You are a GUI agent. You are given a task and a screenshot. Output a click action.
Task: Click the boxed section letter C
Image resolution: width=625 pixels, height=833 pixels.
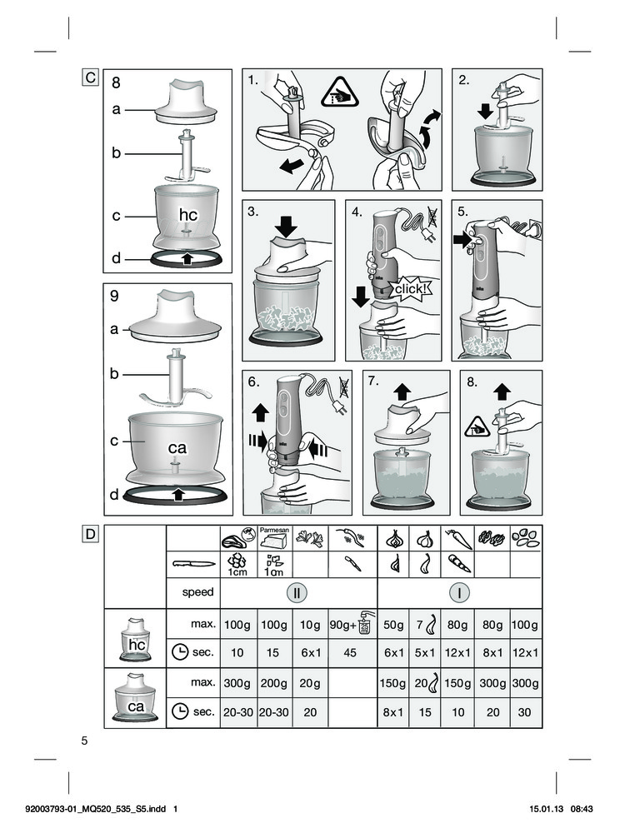coord(90,77)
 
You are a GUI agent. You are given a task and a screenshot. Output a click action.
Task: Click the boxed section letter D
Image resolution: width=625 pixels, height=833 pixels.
coord(90,533)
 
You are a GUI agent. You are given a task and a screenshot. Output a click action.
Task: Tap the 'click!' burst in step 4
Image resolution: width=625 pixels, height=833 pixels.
coord(410,289)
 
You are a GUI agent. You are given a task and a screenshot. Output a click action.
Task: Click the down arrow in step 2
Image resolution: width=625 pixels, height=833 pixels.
coord(485,111)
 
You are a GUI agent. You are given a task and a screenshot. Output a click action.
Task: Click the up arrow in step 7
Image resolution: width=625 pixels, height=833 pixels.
coord(402,392)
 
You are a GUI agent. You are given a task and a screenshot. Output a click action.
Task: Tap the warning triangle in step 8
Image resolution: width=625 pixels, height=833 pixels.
coord(476,427)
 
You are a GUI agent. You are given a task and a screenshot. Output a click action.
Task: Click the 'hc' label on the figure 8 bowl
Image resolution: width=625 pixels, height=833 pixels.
coord(188,215)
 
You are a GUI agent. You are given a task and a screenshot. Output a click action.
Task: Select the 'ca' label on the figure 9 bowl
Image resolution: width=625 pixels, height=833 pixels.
coord(177,448)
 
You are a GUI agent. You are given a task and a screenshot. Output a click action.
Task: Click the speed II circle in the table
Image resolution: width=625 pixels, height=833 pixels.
coord(297,592)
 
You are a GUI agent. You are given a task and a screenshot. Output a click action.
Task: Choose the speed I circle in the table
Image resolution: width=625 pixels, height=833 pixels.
coord(459,592)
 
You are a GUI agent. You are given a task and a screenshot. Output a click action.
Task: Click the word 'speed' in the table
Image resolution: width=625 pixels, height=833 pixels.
coord(197,591)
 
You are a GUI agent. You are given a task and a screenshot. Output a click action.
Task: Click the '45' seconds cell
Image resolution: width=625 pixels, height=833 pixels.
coord(350,652)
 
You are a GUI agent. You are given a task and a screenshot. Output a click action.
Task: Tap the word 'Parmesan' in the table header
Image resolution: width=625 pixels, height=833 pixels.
coord(274,530)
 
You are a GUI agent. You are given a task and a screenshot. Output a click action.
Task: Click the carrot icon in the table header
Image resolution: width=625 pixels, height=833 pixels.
coord(457,539)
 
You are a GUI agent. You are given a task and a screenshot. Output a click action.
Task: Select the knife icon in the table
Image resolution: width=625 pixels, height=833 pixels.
coord(193,564)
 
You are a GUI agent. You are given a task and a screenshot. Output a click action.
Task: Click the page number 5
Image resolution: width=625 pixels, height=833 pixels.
coord(84,741)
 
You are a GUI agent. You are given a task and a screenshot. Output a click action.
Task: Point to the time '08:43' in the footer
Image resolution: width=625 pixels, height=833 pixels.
coord(582,809)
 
